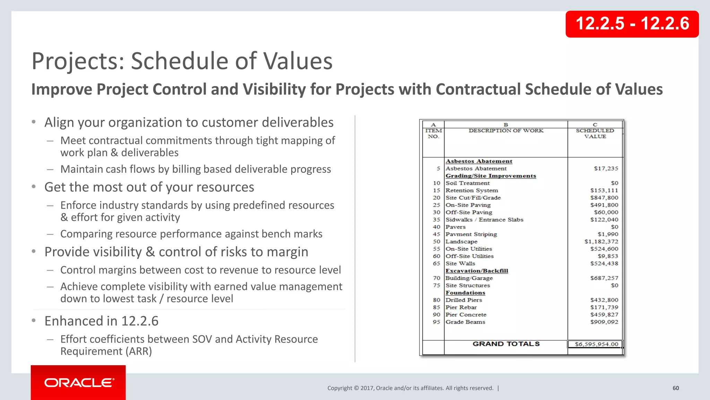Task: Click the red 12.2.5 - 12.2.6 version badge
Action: pos(632,24)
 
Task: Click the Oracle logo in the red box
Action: pos(79,383)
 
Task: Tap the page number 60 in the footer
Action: pos(676,388)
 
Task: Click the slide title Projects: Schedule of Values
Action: pos(182,61)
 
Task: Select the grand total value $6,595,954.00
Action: pos(596,344)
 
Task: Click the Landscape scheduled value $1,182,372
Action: pos(601,241)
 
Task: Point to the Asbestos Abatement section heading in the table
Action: pos(479,161)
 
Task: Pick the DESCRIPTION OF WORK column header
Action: pos(506,131)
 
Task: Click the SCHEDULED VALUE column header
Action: pos(595,133)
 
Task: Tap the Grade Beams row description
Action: pos(465,322)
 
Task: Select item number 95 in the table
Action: pos(436,322)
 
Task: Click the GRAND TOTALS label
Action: pos(506,344)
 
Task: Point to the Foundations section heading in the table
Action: pos(465,293)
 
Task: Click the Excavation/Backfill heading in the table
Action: pos(477,271)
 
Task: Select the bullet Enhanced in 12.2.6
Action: pos(101,321)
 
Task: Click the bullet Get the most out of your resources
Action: pos(149,187)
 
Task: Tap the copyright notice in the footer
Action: pos(410,388)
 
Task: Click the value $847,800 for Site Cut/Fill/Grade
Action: pos(604,198)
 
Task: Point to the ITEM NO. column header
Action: pos(433,133)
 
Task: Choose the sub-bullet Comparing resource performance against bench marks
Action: pos(191,234)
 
